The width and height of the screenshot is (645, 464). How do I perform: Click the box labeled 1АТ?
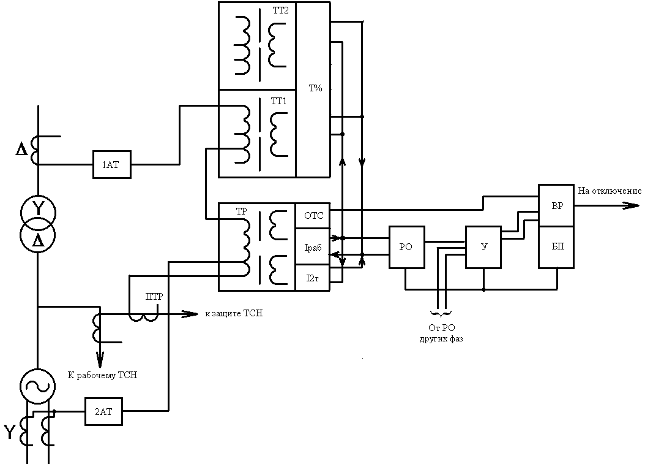pos(112,164)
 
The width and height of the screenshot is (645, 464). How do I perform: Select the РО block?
pos(406,247)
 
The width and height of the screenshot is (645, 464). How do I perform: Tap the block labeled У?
pos(483,247)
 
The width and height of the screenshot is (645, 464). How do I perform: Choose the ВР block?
pos(556,205)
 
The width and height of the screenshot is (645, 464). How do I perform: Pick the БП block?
pos(556,246)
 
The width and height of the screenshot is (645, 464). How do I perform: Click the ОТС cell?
pos(313,215)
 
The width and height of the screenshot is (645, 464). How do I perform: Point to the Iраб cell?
pos(313,247)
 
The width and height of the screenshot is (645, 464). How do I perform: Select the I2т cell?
pos(313,278)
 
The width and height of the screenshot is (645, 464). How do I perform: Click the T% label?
pos(315,88)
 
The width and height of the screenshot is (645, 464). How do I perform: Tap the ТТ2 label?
pos(280,12)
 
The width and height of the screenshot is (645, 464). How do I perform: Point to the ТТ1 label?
pos(278,101)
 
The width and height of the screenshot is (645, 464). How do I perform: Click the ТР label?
pos(241,211)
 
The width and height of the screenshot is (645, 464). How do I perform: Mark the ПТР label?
pos(154,297)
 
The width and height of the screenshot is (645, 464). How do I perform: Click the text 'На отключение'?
pos(609,191)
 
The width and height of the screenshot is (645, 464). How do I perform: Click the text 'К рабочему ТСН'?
pos(102,375)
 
